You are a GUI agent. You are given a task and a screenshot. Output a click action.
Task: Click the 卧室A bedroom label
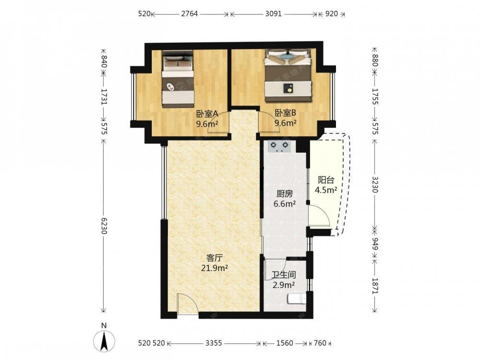pyautogui.click(x=207, y=114)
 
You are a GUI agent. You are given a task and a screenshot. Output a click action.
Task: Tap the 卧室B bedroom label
pyautogui.click(x=285, y=113)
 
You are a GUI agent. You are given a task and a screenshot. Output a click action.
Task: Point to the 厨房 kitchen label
pyautogui.click(x=285, y=194)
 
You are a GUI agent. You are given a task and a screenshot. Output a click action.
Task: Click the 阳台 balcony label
pyautogui.click(x=326, y=180)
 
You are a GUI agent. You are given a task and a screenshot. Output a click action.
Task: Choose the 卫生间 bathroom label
pyautogui.click(x=284, y=275)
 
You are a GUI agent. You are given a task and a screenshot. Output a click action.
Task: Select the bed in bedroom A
pyautogui.click(x=178, y=79)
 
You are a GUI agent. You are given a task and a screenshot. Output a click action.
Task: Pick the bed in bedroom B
pyautogui.click(x=288, y=75)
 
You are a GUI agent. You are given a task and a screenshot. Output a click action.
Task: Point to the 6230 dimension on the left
pyautogui.click(x=104, y=226)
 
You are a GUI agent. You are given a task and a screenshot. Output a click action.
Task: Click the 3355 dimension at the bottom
pyautogui.click(x=214, y=343)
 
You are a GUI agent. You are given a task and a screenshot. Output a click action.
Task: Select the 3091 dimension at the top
pyautogui.click(x=273, y=14)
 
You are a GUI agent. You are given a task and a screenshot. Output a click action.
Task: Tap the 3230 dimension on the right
pyautogui.click(x=375, y=184)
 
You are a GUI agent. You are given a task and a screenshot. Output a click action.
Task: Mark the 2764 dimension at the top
pyautogui.click(x=190, y=14)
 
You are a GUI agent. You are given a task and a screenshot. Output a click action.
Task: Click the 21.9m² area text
pyautogui.click(x=214, y=268)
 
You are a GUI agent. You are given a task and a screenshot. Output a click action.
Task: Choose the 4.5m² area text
pyautogui.click(x=326, y=190)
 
